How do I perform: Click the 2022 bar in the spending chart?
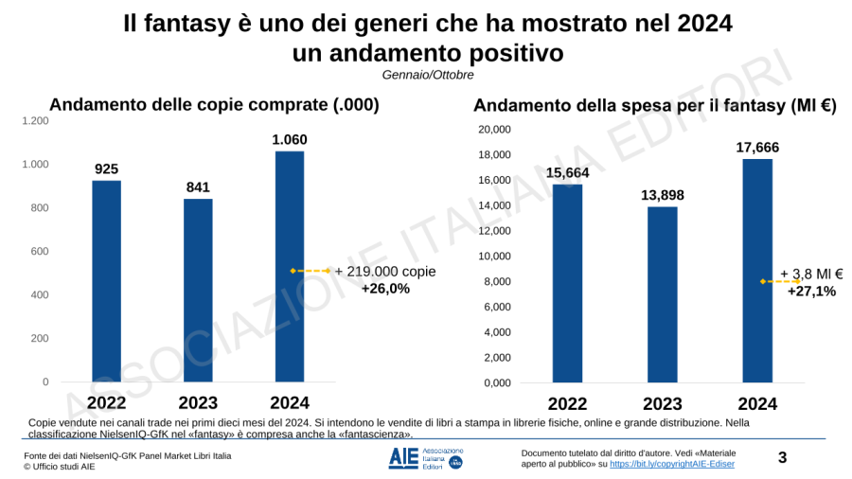pos(567,283)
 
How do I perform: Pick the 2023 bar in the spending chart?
pos(662,294)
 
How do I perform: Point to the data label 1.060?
pos(289,140)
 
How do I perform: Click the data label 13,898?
pos(662,195)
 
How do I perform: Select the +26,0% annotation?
pos(385,289)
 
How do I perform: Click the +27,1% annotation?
pos(811,292)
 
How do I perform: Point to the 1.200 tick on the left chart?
pos(35,121)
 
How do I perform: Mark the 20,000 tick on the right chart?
pos(493,130)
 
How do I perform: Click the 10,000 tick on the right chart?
pos(493,257)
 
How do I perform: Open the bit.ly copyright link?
pos(671,464)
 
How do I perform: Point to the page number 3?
pos(782,458)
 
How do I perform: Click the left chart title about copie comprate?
pos(214,105)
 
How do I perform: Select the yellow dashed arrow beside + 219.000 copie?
pos(311,271)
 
